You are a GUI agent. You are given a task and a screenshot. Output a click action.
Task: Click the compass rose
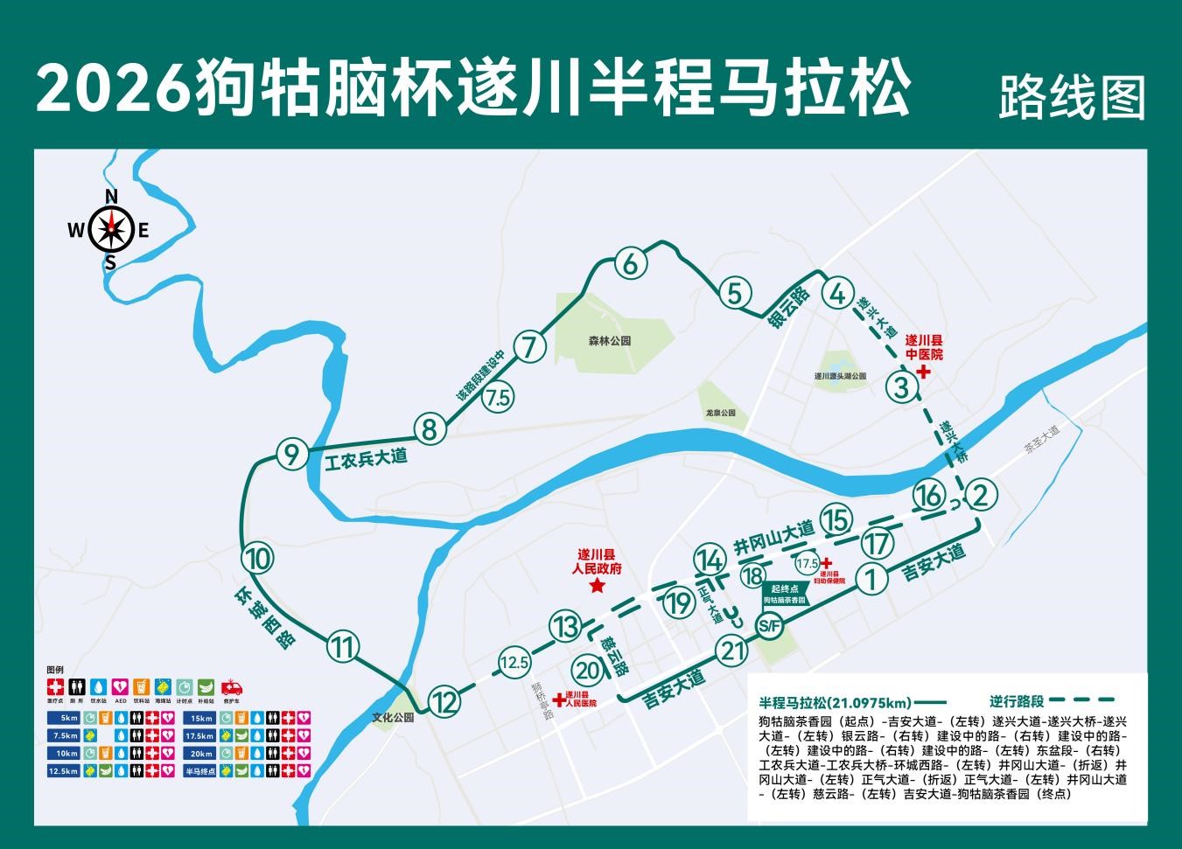coord(111,230)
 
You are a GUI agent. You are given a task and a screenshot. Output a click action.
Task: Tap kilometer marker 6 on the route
coord(630,262)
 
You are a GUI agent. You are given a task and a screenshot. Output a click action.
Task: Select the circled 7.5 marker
coord(498,398)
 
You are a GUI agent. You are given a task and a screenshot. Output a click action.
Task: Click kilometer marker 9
coord(291,455)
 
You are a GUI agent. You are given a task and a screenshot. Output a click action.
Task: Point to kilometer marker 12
coord(445,700)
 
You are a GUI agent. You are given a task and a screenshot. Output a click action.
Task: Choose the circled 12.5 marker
coord(514,662)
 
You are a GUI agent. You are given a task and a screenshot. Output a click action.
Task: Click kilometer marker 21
coord(731,651)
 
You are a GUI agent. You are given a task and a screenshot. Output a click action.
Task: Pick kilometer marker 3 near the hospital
coord(902,386)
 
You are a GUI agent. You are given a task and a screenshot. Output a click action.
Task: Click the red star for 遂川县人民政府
coord(597,586)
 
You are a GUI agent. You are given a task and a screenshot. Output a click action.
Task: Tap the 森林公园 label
coord(610,341)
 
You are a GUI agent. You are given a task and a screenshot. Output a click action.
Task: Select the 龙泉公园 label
coord(721,413)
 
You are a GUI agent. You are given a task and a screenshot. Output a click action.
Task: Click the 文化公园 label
coord(392,717)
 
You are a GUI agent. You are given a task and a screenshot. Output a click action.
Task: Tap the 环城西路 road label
coord(263,616)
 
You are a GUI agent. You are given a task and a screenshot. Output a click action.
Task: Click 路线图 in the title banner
coord(1072,97)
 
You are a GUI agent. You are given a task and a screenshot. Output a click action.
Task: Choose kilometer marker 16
coord(928,496)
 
